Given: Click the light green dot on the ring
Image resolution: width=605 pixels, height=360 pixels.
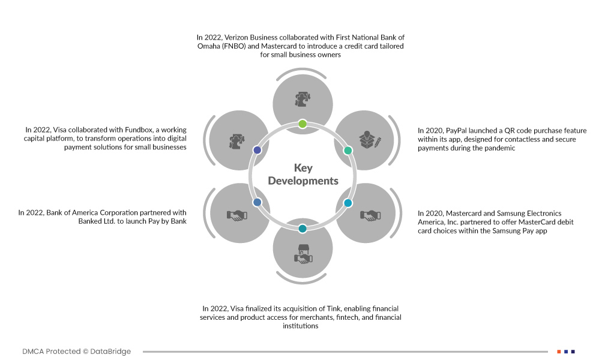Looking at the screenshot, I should pyautogui.click(x=302, y=124).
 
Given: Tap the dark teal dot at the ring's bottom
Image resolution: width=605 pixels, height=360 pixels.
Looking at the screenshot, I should pyautogui.click(x=302, y=229).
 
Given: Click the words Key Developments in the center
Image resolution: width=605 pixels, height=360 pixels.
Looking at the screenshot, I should pyautogui.click(x=302, y=175).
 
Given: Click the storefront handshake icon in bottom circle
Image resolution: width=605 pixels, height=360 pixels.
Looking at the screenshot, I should pyautogui.click(x=302, y=255).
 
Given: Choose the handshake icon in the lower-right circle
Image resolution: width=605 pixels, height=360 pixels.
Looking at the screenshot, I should pyautogui.click(x=368, y=214).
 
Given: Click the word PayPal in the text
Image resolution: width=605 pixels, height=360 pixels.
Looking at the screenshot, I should pyautogui.click(x=459, y=130).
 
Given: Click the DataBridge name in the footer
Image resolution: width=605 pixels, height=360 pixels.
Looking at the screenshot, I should pyautogui.click(x=111, y=351).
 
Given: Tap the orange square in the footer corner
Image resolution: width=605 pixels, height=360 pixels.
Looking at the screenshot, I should pyautogui.click(x=559, y=351).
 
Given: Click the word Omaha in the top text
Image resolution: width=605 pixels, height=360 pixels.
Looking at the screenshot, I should pyautogui.click(x=208, y=46).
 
